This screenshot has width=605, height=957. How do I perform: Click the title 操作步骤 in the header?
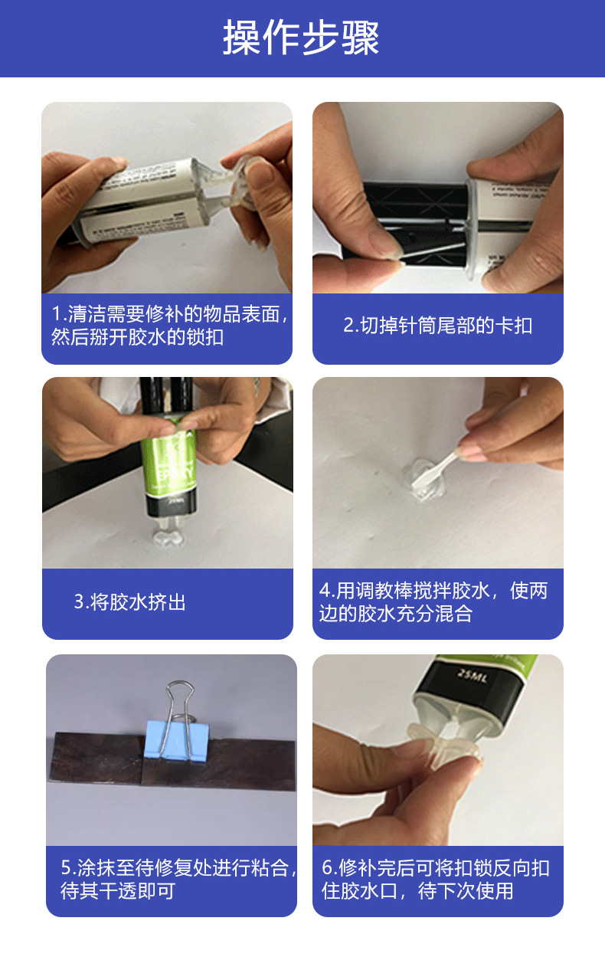point(301,38)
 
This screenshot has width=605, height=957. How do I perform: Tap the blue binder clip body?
point(176,740)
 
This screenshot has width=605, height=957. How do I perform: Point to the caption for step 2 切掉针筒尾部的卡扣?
point(438,325)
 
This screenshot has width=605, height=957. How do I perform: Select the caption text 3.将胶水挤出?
point(129,602)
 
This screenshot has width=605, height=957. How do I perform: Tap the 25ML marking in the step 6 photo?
point(472,676)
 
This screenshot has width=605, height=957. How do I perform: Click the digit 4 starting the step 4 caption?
point(325,591)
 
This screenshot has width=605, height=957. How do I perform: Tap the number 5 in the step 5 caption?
point(66,867)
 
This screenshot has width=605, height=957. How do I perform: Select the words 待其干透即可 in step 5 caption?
point(118,891)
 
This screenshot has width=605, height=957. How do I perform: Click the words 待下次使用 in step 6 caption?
point(466,891)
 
